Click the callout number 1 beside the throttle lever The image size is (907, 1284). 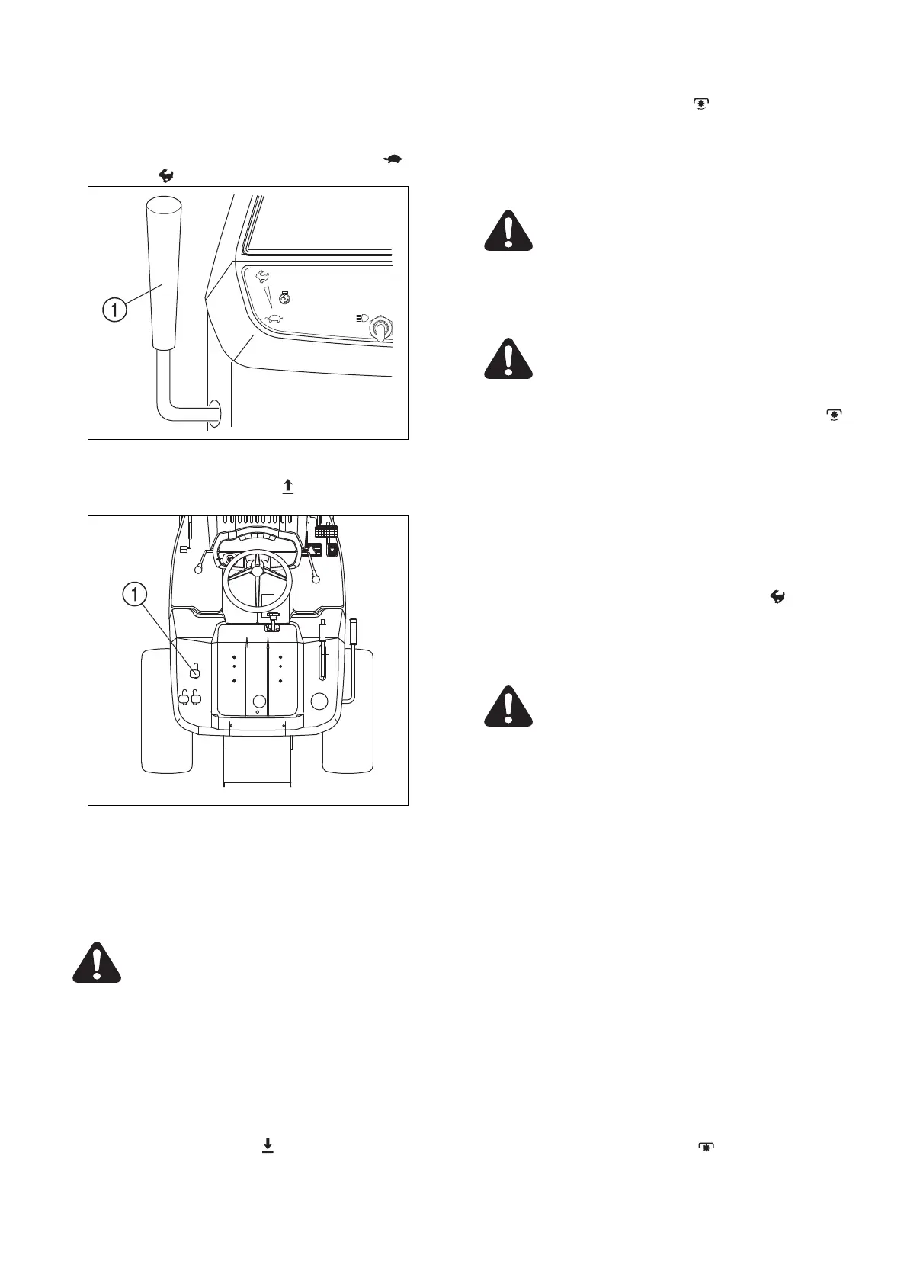pyautogui.click(x=114, y=310)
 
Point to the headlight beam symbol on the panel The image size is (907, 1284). pyautogui.click(x=362, y=316)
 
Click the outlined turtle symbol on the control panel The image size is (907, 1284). pyautogui.click(x=274, y=319)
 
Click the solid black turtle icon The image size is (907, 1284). pyautogui.click(x=393, y=159)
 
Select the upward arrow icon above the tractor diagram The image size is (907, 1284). pyautogui.click(x=288, y=486)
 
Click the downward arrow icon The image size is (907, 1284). pyautogui.click(x=268, y=1144)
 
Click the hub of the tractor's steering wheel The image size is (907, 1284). pyautogui.click(x=258, y=571)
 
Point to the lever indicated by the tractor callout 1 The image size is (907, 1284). pyautogui.click(x=194, y=670)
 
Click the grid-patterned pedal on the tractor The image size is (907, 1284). pyautogui.click(x=326, y=531)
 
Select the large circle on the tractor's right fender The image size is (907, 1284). pyautogui.click(x=321, y=702)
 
